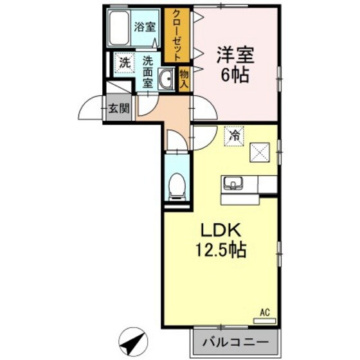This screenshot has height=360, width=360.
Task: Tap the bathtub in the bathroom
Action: coord(120,28)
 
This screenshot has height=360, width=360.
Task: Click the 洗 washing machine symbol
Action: coord(123,63)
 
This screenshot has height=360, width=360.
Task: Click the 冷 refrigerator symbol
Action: coord(235,136)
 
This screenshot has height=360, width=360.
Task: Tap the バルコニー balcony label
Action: coord(237,340)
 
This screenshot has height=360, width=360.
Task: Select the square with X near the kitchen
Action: coord(260,152)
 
